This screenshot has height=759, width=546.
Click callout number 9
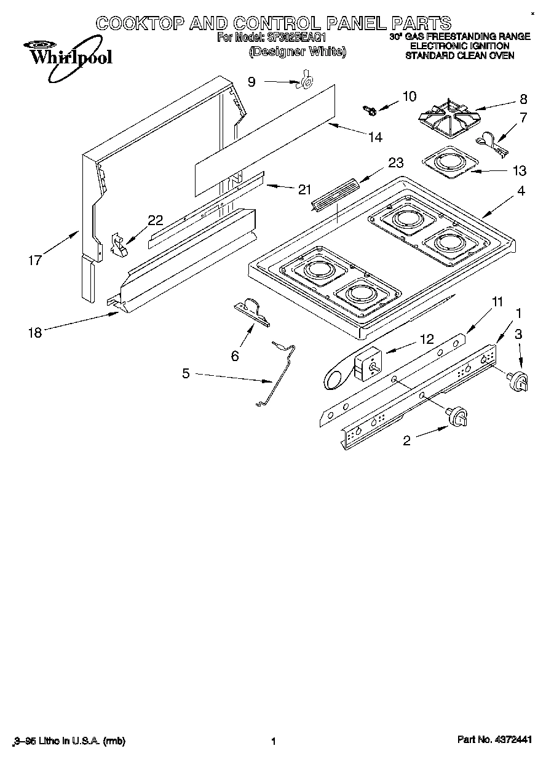[251, 81]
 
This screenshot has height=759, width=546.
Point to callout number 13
[520, 170]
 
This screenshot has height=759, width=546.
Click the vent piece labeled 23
[335, 194]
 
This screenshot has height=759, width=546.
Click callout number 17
[34, 260]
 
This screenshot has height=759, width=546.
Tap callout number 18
[34, 333]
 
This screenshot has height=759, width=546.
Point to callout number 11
[497, 301]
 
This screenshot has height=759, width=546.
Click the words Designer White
[297, 52]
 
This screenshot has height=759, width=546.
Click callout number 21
[304, 189]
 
